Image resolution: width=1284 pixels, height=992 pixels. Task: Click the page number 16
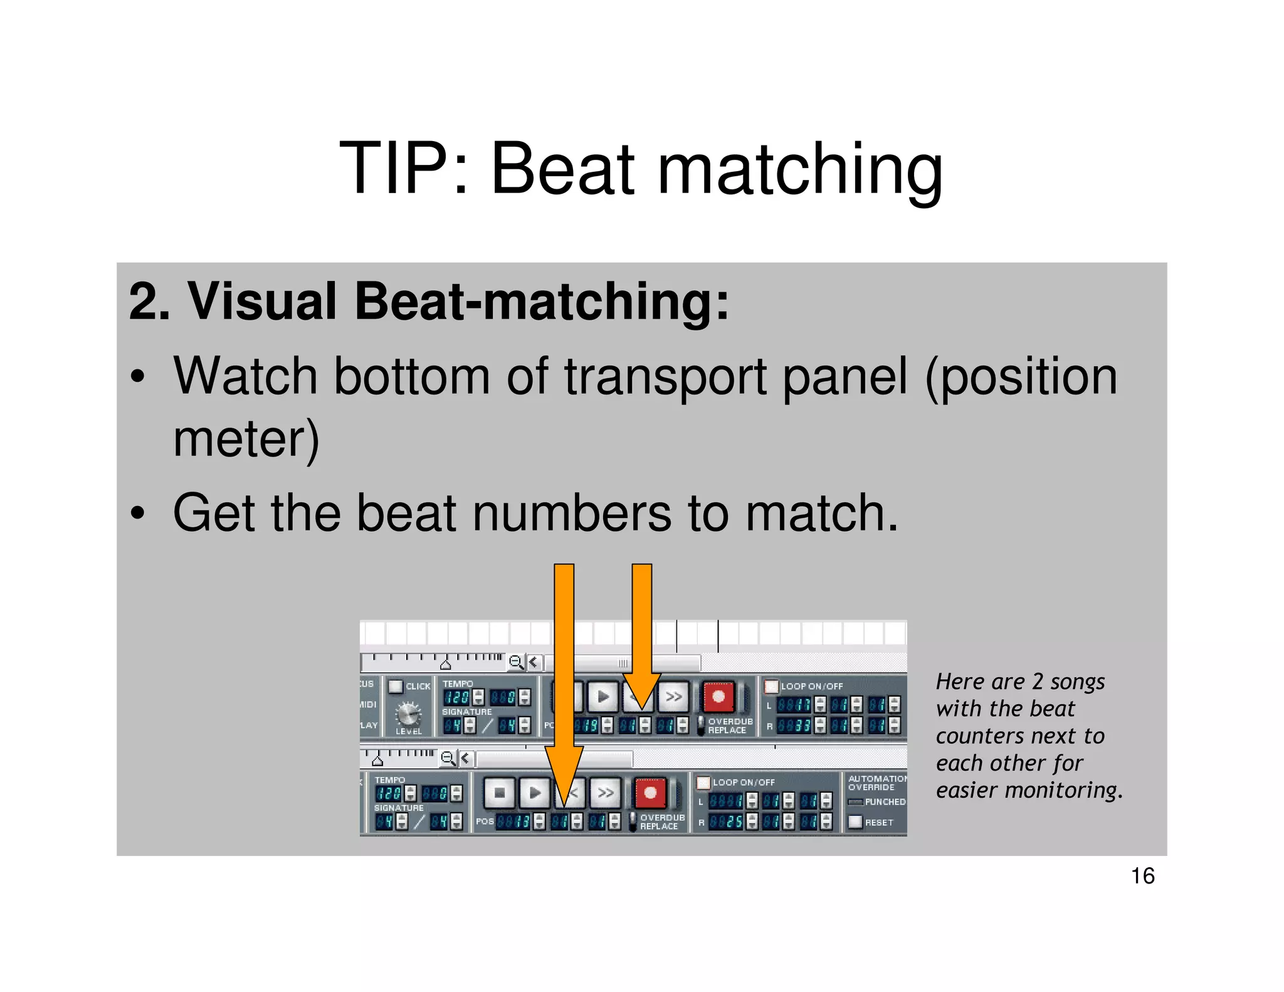pyautogui.click(x=1142, y=876)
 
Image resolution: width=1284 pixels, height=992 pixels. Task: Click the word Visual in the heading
pyautogui.click(x=263, y=302)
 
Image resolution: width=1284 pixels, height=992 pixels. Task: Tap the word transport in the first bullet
pyautogui.click(x=665, y=377)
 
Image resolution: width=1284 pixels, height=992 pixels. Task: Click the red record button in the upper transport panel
pyautogui.click(x=718, y=697)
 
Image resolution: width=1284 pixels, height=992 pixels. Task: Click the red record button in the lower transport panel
pyautogui.click(x=650, y=793)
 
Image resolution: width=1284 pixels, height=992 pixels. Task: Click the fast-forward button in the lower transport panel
pyautogui.click(x=606, y=793)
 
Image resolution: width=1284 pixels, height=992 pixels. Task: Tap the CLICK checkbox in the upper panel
pyautogui.click(x=396, y=686)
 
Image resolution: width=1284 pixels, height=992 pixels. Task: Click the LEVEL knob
pyautogui.click(x=408, y=714)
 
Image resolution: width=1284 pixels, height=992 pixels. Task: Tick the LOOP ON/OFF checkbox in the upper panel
pyautogui.click(x=771, y=686)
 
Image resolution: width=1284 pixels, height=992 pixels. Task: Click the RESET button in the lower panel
pyautogui.click(x=855, y=821)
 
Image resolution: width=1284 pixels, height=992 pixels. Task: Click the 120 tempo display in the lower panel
pyautogui.click(x=389, y=793)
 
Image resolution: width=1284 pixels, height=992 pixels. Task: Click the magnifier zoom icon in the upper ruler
pyautogui.click(x=515, y=662)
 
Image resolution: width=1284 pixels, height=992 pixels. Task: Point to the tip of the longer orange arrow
pyautogui.click(x=564, y=806)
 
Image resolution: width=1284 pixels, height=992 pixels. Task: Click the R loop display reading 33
pyautogui.click(x=794, y=726)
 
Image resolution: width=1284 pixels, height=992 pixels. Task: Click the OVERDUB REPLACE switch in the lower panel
pyautogui.click(x=633, y=821)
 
